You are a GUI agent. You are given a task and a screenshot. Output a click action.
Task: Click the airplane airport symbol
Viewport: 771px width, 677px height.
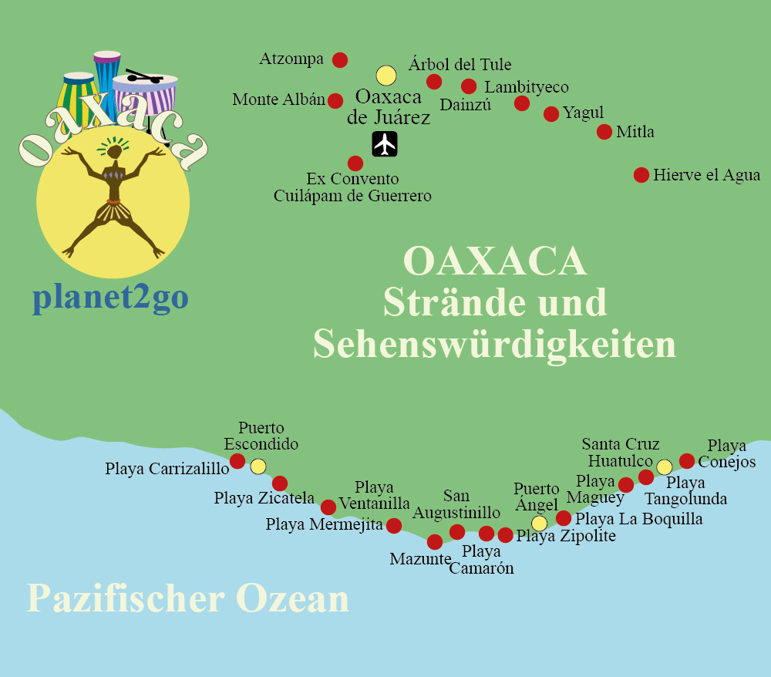[x=384, y=144]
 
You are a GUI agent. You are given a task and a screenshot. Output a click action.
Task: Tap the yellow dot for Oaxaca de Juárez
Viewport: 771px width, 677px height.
[x=385, y=75]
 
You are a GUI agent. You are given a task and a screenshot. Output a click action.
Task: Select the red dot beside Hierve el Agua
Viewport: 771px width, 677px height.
[x=641, y=175]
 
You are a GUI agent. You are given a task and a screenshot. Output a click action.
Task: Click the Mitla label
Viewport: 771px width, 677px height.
[x=635, y=132]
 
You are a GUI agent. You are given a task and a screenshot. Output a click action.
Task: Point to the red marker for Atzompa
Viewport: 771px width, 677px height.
[x=339, y=59]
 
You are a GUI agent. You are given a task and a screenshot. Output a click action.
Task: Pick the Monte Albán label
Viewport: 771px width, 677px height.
[x=278, y=100]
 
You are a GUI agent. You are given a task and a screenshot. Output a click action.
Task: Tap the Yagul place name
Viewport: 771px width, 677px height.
[x=583, y=113]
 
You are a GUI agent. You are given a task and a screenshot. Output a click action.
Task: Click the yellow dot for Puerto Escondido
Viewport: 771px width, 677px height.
[x=258, y=466]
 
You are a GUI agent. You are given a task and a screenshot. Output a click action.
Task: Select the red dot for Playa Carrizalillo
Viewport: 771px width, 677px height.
[x=237, y=461]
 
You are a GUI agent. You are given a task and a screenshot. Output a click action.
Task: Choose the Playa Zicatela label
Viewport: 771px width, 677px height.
[x=264, y=498]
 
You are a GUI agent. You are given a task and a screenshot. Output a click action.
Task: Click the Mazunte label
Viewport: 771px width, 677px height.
[x=419, y=559]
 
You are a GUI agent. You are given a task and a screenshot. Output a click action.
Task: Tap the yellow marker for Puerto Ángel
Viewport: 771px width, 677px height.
[x=540, y=524]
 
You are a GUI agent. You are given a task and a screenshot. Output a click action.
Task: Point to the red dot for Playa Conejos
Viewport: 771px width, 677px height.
[x=687, y=461]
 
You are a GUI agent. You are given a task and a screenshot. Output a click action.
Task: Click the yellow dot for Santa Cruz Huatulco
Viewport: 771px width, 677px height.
[x=664, y=466]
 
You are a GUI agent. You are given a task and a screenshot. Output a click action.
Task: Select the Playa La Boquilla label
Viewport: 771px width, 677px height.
[x=639, y=519]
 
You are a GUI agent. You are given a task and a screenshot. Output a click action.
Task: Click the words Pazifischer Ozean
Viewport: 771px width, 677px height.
[x=187, y=599]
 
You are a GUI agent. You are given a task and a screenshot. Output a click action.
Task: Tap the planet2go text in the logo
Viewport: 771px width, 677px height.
[x=110, y=298]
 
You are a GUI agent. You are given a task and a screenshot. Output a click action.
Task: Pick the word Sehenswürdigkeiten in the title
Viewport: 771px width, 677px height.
[x=494, y=345]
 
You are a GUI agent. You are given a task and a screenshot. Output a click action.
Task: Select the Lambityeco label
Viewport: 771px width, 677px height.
[x=527, y=87]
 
